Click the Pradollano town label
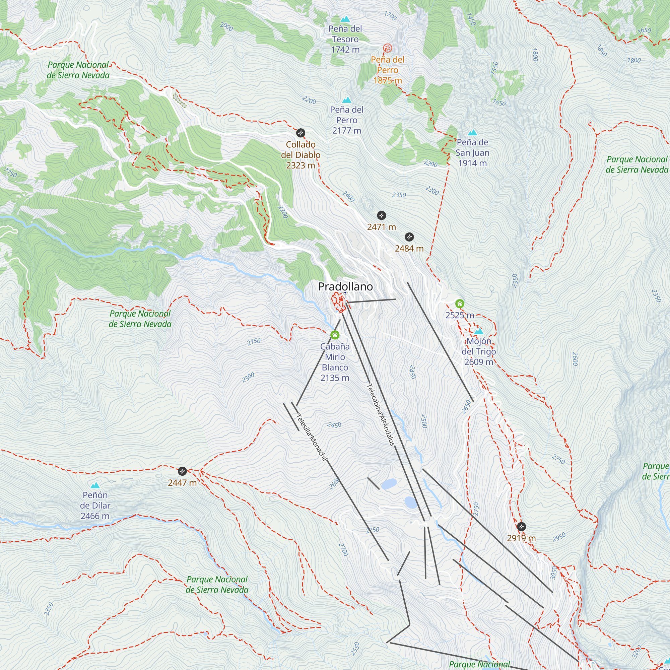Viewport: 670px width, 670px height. pyautogui.click(x=345, y=286)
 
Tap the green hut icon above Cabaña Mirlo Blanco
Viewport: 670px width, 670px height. pyautogui.click(x=335, y=335)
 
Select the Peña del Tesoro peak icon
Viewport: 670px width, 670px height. pyautogui.click(x=345, y=19)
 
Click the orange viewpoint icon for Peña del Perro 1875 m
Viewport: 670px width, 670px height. pyautogui.click(x=387, y=48)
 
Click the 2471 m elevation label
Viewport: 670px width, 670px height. pyautogui.click(x=382, y=227)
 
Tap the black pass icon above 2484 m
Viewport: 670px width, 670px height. pyautogui.click(x=409, y=237)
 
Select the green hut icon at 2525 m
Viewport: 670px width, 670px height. pyautogui.click(x=460, y=304)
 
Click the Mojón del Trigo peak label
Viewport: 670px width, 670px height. pyautogui.click(x=479, y=352)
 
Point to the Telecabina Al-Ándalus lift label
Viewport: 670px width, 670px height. pyautogui.click(x=381, y=414)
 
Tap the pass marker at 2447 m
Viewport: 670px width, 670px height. pyautogui.click(x=182, y=471)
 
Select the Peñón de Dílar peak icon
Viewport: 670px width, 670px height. pyautogui.click(x=95, y=485)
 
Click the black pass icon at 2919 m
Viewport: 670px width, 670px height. pyautogui.click(x=521, y=527)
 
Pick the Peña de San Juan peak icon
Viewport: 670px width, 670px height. pyautogui.click(x=472, y=132)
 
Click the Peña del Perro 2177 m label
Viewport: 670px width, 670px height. pyautogui.click(x=347, y=120)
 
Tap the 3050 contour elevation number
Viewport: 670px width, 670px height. pyautogui.click(x=553, y=573)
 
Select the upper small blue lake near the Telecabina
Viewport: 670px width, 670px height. pyautogui.click(x=389, y=484)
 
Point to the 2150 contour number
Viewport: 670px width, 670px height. pyautogui.click(x=254, y=341)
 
